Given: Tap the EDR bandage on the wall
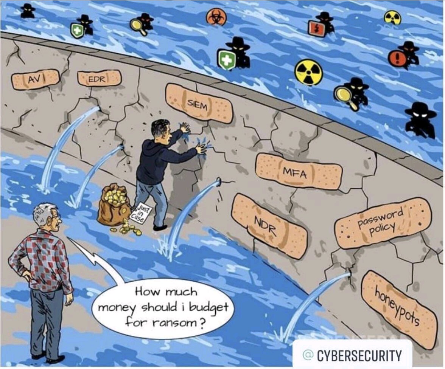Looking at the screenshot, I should pos(99,78).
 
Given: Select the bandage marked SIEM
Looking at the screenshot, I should pos(199,104).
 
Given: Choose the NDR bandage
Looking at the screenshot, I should pos(269,226).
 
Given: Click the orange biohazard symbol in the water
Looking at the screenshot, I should pos(216,17).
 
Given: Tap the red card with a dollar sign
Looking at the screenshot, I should pos(317,28).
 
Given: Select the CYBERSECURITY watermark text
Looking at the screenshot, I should pos(359,356).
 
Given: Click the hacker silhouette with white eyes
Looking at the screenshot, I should pos(420,119).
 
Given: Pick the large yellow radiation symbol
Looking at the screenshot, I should pos(309,72).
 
